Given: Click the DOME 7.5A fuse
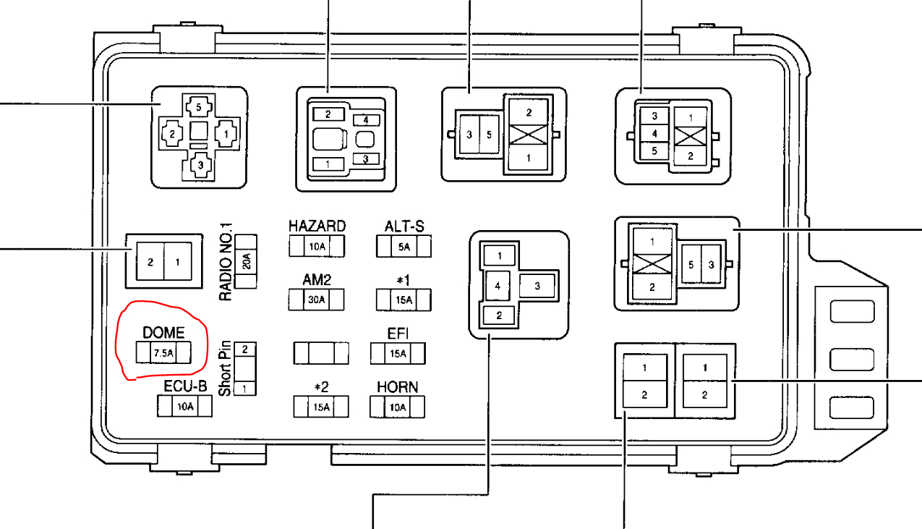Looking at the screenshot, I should [x=163, y=352].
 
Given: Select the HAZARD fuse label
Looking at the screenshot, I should [x=317, y=227].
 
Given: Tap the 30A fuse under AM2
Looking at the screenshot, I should [x=316, y=299].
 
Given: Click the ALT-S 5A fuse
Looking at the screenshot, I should [x=404, y=247].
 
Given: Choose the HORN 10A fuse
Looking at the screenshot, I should [x=397, y=407].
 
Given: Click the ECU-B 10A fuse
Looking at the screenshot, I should [x=185, y=406].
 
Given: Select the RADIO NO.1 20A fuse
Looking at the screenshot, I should [x=247, y=261].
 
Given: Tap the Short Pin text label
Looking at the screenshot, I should [x=225, y=368].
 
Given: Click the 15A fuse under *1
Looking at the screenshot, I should [x=404, y=299].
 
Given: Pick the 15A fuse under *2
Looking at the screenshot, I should [x=321, y=407].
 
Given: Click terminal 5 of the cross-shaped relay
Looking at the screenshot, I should [x=199, y=107].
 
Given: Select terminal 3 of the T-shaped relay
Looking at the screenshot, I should [x=537, y=287].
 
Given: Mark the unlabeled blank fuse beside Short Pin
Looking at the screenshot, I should [x=321, y=353].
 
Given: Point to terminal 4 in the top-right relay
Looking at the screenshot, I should [x=654, y=133].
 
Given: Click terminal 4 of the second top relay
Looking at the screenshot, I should [x=366, y=120].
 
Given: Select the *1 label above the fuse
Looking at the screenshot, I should [x=404, y=279].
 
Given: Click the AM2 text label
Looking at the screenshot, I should [x=317, y=279].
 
